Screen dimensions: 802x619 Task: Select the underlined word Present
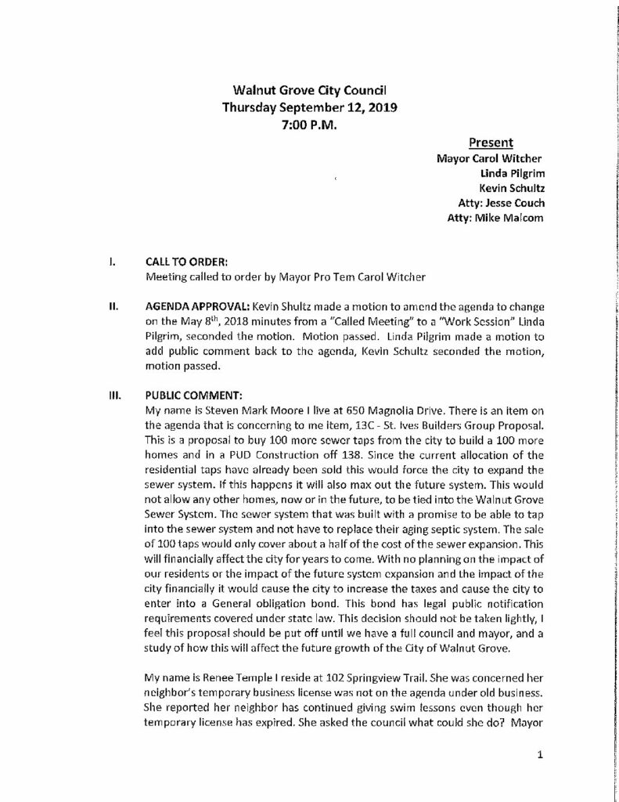point(491,143)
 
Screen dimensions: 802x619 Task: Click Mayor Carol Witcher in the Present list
point(490,159)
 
